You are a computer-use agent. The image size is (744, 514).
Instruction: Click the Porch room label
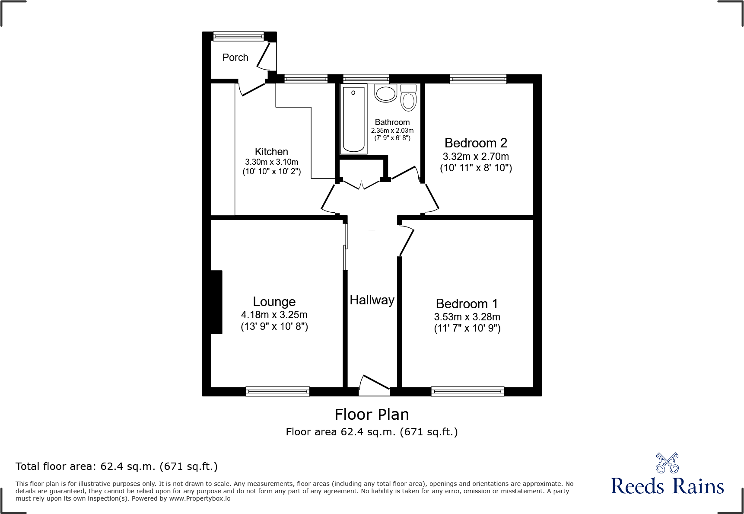(x=235, y=57)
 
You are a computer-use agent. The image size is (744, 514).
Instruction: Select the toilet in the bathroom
(x=408, y=98)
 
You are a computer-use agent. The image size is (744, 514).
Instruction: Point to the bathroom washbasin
(x=385, y=93)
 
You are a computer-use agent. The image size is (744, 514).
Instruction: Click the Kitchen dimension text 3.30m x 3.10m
(x=271, y=162)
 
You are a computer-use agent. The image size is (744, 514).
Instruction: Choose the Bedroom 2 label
(x=476, y=143)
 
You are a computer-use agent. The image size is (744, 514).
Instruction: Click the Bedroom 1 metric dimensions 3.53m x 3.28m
(x=467, y=317)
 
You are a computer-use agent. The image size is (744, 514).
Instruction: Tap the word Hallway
(x=372, y=300)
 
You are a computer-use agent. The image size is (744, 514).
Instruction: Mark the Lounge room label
(x=274, y=302)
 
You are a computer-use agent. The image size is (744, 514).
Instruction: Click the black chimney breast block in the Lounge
(x=216, y=302)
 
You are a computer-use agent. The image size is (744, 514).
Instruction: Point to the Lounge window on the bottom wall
(x=277, y=391)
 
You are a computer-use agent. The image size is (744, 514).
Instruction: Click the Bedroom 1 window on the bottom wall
(x=467, y=391)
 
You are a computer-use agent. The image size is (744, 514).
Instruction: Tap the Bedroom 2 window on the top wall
(x=477, y=79)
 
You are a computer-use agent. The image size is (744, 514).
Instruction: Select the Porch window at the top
(x=238, y=36)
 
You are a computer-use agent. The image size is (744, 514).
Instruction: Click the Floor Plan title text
(x=372, y=415)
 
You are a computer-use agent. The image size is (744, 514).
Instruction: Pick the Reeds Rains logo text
(x=667, y=486)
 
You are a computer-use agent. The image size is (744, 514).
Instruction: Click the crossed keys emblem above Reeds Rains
(x=667, y=463)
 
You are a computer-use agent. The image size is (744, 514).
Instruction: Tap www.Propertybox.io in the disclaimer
(x=200, y=498)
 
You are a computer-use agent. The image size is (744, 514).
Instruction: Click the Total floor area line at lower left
(x=117, y=466)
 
